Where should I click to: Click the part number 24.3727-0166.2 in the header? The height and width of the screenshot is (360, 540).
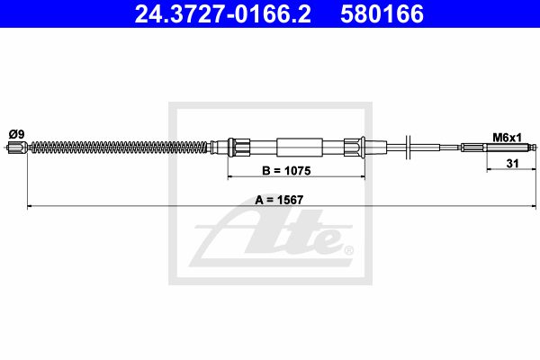(x=223, y=13)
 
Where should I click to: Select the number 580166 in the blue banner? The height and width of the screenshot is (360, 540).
(x=382, y=13)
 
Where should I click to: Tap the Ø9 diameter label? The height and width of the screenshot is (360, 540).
(x=16, y=134)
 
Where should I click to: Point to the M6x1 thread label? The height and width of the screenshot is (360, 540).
(x=507, y=138)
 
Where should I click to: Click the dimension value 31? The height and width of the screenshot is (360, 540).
(x=512, y=163)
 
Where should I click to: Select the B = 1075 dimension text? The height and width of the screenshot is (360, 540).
(x=286, y=170)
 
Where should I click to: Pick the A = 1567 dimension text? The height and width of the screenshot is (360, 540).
(x=279, y=200)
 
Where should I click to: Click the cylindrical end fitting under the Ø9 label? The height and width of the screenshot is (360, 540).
(x=17, y=148)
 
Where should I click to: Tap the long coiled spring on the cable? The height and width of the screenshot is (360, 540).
(x=121, y=148)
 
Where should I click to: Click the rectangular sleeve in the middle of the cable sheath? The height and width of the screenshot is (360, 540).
(x=300, y=147)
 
